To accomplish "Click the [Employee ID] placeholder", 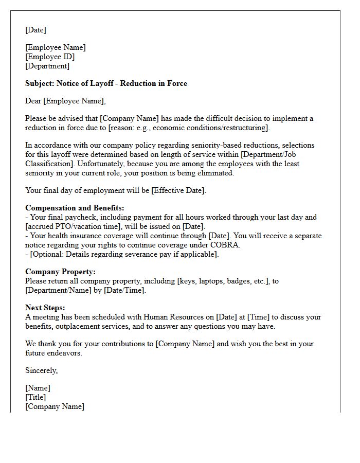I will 50,57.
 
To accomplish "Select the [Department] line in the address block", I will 47,66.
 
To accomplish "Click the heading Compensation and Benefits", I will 75,208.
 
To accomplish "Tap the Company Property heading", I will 60,272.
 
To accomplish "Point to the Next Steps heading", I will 45,308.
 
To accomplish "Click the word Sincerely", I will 41,370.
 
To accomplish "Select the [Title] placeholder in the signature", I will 35,397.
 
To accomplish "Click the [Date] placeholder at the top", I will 35,30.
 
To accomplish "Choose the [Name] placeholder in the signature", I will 38,388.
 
